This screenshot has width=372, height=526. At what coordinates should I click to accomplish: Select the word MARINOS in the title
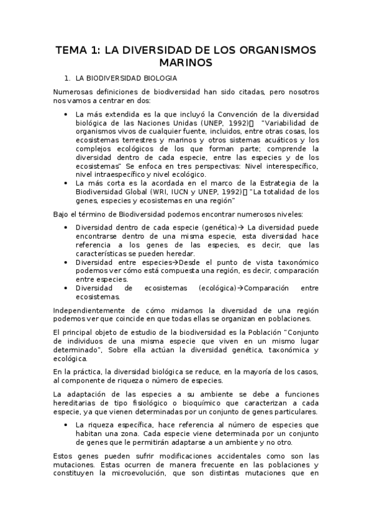pyautogui.click(x=186, y=63)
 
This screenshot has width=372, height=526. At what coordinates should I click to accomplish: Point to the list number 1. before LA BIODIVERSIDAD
pyautogui.click(x=68, y=79)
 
